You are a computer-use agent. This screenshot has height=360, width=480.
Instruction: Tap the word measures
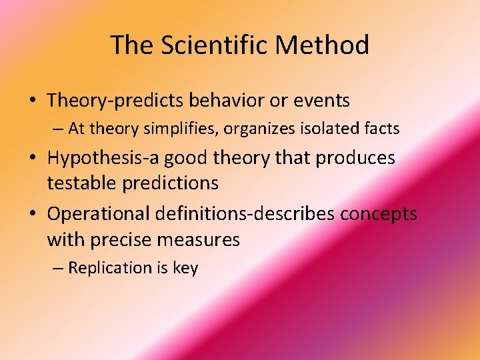(x=206, y=239)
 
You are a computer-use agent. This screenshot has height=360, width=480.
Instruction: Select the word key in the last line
(x=185, y=269)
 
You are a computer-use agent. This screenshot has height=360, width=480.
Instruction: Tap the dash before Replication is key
(x=58, y=268)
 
